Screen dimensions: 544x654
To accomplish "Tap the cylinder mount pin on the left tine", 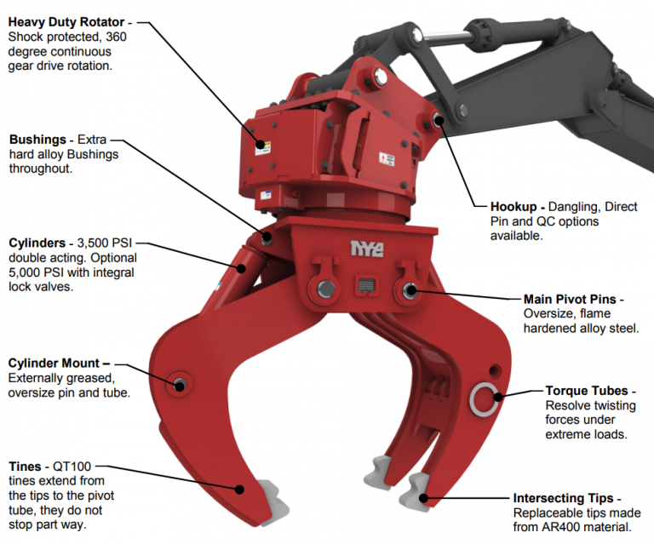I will (180, 383).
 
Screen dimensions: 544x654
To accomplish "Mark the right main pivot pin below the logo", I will (408, 291).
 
